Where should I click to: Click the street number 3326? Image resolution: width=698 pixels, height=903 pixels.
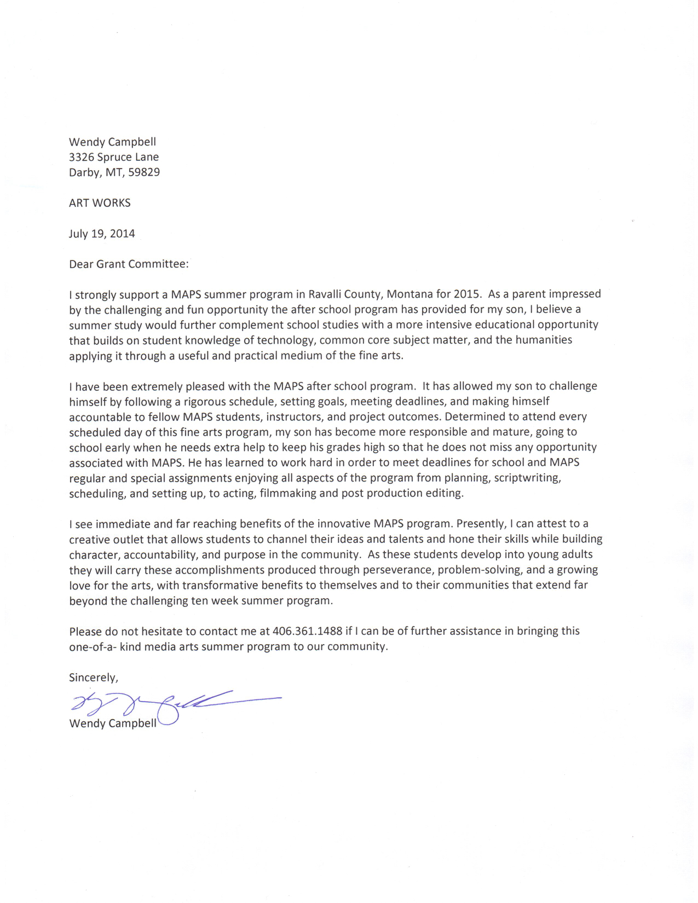(x=81, y=157)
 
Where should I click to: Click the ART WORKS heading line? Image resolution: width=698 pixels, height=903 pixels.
(x=100, y=203)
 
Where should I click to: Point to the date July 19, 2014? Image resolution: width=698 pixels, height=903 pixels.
(x=102, y=234)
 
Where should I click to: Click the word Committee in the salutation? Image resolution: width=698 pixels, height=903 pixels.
(x=159, y=264)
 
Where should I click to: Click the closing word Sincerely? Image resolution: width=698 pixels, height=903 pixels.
(x=93, y=678)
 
